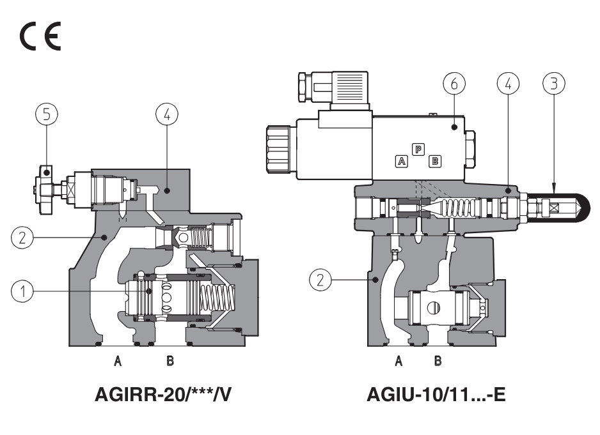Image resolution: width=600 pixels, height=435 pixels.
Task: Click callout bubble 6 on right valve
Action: point(454,83)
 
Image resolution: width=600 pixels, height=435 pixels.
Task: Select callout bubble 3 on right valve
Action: point(554,83)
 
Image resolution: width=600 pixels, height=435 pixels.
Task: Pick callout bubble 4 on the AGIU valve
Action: point(509,83)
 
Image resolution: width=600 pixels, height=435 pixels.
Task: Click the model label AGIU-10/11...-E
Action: point(436,395)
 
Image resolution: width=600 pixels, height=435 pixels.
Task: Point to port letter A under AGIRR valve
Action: point(118,362)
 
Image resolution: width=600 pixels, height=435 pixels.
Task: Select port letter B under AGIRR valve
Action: point(170,362)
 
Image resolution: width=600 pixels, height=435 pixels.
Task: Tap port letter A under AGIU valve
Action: point(399,362)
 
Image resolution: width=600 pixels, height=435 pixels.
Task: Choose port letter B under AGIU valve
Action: point(438,362)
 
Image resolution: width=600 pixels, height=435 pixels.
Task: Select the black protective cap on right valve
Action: point(563,207)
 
